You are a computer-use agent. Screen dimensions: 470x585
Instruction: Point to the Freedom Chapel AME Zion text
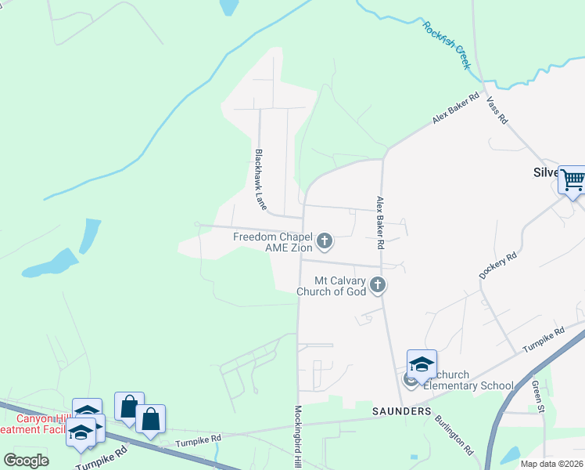[x=273, y=242]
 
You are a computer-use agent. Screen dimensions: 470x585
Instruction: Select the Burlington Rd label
[x=454, y=435]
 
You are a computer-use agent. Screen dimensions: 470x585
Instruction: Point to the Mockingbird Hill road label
[x=298, y=437]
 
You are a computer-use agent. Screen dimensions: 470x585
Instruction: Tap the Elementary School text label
[x=468, y=385]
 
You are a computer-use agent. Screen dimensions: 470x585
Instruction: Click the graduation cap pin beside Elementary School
[x=422, y=364]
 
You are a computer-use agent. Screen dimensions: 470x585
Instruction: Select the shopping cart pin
[x=572, y=180]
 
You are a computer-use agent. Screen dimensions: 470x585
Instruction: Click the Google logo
[x=26, y=460]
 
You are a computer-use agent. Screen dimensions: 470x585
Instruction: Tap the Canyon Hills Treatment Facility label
[x=35, y=423]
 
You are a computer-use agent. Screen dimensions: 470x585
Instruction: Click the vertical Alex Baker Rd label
[x=380, y=222]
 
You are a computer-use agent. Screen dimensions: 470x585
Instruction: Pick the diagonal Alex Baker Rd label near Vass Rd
[x=455, y=114]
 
